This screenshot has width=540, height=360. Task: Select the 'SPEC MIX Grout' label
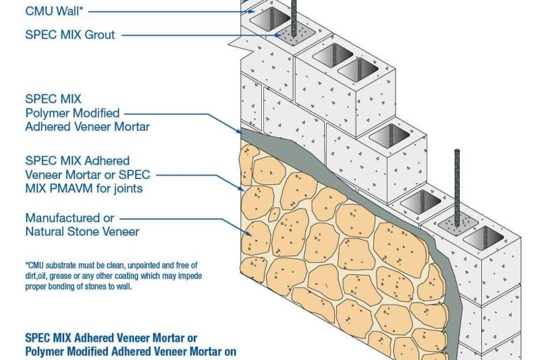click(x=70, y=35)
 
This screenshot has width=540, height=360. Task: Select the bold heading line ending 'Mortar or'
click(x=111, y=337)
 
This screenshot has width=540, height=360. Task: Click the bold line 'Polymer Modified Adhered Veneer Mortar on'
click(x=130, y=351)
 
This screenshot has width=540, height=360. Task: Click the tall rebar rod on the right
click(x=457, y=186)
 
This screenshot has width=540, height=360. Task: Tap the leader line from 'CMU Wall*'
click(x=169, y=11)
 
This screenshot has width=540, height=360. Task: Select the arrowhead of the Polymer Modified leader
click(x=242, y=130)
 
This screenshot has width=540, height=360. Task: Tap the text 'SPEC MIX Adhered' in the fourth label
click(x=77, y=160)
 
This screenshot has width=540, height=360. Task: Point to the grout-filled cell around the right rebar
click(x=456, y=227)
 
